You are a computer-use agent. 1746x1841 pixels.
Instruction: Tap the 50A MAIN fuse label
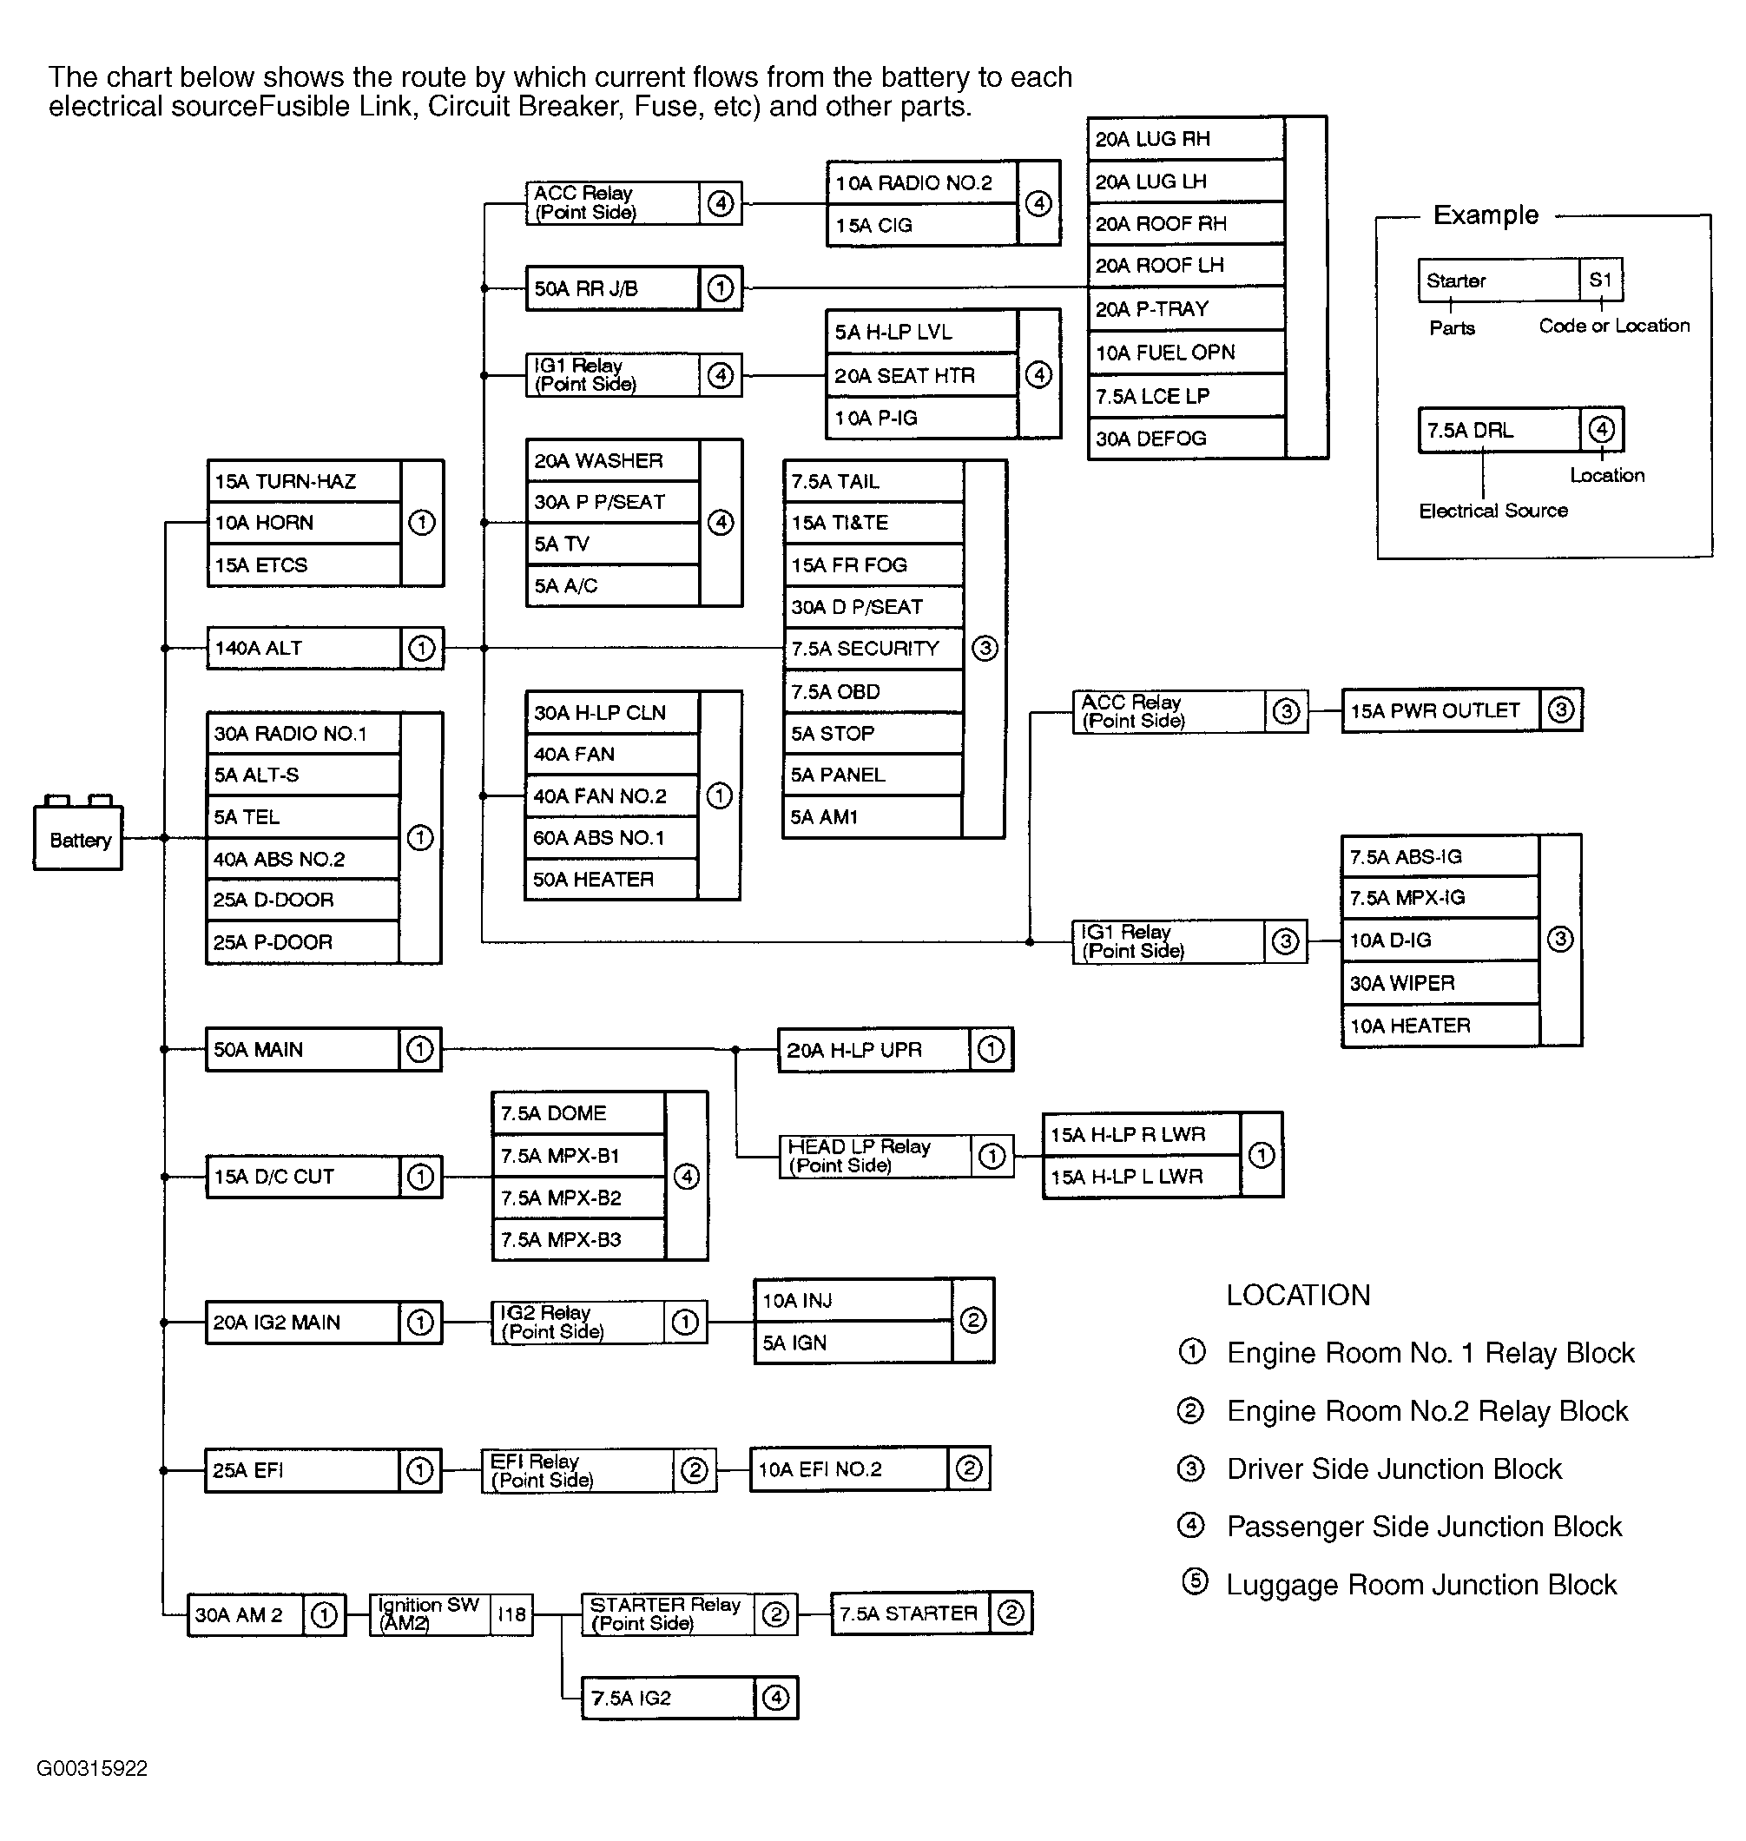pos(259,1050)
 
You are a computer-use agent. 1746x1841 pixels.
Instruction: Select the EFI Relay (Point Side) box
pos(577,1470)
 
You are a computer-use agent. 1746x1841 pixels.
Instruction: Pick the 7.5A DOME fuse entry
pos(578,1113)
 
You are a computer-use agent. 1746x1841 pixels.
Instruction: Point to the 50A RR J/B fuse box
pos(611,288)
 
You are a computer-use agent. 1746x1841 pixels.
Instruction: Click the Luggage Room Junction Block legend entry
pos(1420,1585)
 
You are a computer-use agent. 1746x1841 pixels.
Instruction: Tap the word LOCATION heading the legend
pos(1297,1296)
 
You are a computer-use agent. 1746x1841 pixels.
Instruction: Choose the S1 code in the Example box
pos(1600,280)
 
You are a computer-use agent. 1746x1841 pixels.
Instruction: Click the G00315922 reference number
pos(92,1768)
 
